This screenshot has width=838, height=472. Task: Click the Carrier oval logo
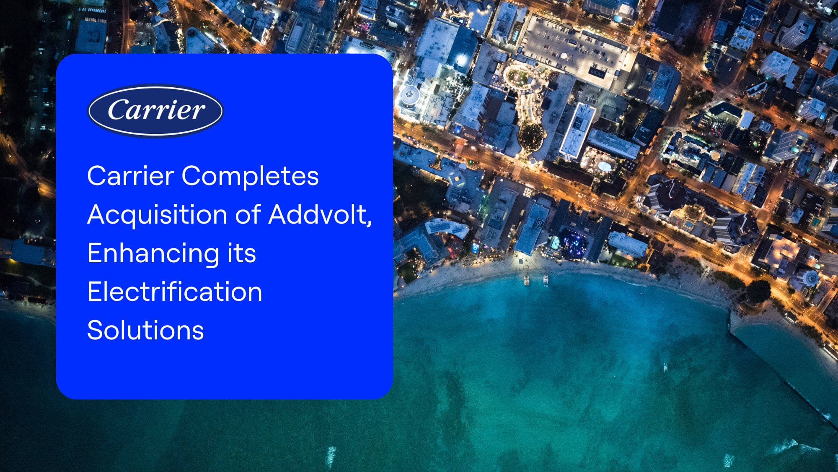[x=155, y=111]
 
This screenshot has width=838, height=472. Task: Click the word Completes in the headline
[x=250, y=176]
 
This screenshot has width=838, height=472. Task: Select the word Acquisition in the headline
[x=157, y=215]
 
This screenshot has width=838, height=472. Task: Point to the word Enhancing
[x=153, y=254]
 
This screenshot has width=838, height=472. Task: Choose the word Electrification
[x=175, y=292]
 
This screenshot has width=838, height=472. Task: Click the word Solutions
[x=145, y=330]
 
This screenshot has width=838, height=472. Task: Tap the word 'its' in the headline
[x=241, y=253]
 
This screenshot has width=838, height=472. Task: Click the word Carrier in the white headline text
[x=130, y=176]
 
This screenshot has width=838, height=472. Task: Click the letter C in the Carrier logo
[x=118, y=110]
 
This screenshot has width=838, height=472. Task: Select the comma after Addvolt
[x=369, y=223]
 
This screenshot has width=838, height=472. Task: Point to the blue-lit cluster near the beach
[x=574, y=243]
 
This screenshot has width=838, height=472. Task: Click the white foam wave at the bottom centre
[x=331, y=455]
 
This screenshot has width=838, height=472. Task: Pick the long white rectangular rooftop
[x=578, y=130]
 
